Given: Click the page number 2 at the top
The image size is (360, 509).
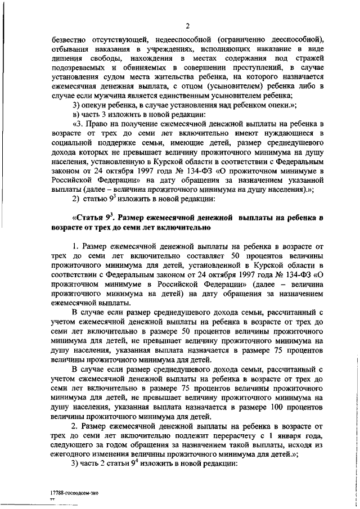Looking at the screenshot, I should (x=188, y=25).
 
